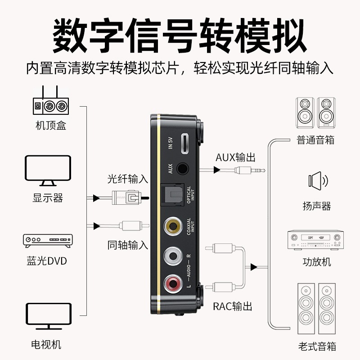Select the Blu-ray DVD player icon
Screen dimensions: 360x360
pyautogui.click(x=48, y=241)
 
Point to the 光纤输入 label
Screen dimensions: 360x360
pyautogui.click(x=127, y=179)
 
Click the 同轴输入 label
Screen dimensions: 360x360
pyautogui.click(x=127, y=245)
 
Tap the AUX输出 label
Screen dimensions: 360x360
pyautogui.click(x=235, y=157)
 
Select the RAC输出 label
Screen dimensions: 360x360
pyautogui.click(x=232, y=306)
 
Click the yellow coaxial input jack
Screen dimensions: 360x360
pyautogui.click(x=173, y=225)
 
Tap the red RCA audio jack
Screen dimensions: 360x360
pyautogui.click(x=173, y=283)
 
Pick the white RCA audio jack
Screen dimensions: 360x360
pyautogui.click(x=173, y=255)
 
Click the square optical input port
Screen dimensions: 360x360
pyautogui.click(x=173, y=195)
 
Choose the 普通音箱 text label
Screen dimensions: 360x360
pyautogui.click(x=315, y=139)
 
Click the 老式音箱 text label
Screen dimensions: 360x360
pyautogui.click(x=317, y=346)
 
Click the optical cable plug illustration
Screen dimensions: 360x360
pyautogui.click(x=128, y=197)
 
